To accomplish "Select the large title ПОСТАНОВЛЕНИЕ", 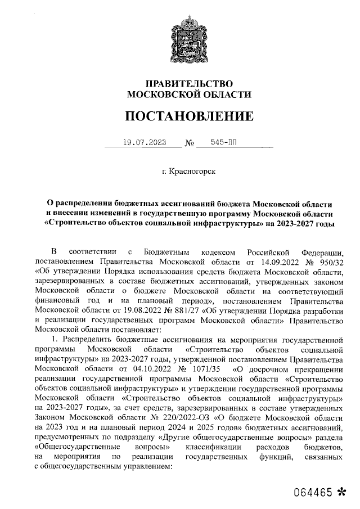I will [x=189, y=116].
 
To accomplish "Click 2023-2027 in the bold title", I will [x=296, y=224].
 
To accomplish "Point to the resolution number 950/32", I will [x=330, y=262].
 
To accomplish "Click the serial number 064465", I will [x=311, y=491].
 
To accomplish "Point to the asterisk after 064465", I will [x=340, y=491].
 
